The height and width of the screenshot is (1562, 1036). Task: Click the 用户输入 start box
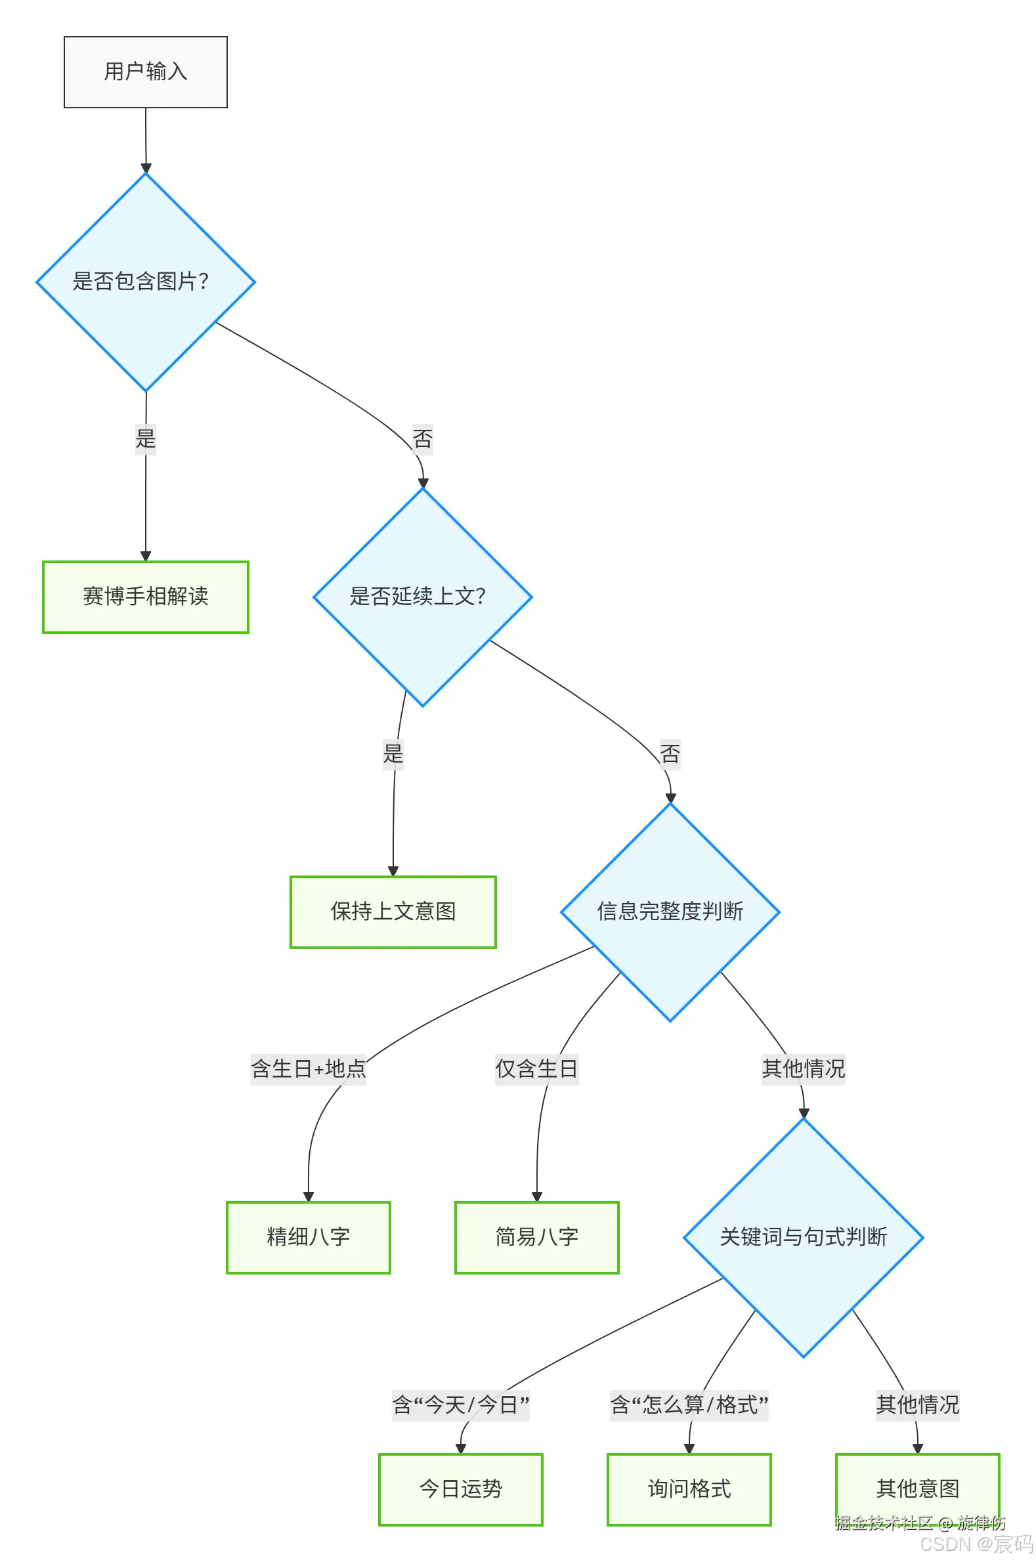(145, 72)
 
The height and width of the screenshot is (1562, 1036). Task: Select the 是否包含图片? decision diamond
(145, 282)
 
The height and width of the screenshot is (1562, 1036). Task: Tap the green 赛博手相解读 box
(145, 597)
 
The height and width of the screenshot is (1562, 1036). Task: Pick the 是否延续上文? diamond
(422, 597)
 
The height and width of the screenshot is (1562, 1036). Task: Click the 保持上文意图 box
(393, 912)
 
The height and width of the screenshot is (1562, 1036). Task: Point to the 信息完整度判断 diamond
(670, 912)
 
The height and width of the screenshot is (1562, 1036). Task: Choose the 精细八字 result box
(309, 1237)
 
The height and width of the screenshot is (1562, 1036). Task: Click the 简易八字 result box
(536, 1237)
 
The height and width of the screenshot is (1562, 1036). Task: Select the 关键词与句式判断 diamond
(804, 1237)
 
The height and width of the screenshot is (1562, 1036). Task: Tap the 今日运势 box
(460, 1488)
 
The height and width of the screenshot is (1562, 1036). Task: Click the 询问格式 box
(689, 1488)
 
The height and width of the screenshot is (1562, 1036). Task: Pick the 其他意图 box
(917, 1488)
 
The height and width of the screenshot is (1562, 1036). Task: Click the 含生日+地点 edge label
(309, 1068)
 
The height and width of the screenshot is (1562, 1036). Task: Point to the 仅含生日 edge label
(536, 1068)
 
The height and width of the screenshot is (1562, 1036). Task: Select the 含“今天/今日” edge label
(460, 1404)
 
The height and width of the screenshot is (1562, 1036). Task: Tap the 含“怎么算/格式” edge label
(689, 1404)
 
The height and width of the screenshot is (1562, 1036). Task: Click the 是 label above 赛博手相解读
(145, 438)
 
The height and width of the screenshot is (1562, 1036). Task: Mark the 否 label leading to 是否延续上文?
(422, 438)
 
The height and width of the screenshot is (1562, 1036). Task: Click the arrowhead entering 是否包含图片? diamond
(146, 168)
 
